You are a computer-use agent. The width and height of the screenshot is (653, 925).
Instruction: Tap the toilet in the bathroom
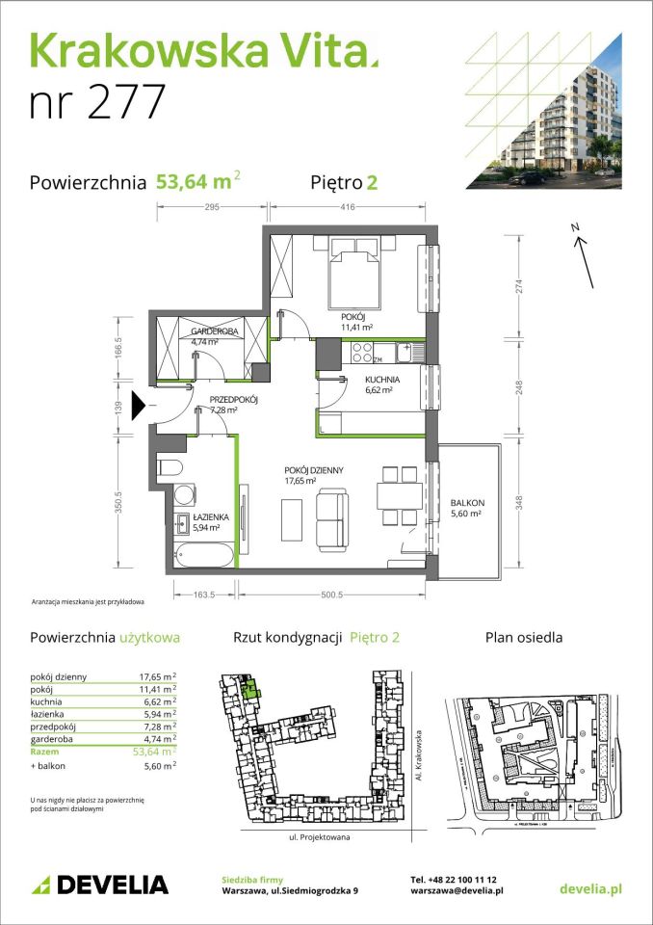[170, 468]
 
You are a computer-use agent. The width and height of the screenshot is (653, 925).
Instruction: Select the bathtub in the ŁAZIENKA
[204, 556]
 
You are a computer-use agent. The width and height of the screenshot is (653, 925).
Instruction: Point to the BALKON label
[466, 503]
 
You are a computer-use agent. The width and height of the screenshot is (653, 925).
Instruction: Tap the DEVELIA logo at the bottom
[100, 885]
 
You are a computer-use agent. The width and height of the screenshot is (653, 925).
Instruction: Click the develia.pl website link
[589, 887]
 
